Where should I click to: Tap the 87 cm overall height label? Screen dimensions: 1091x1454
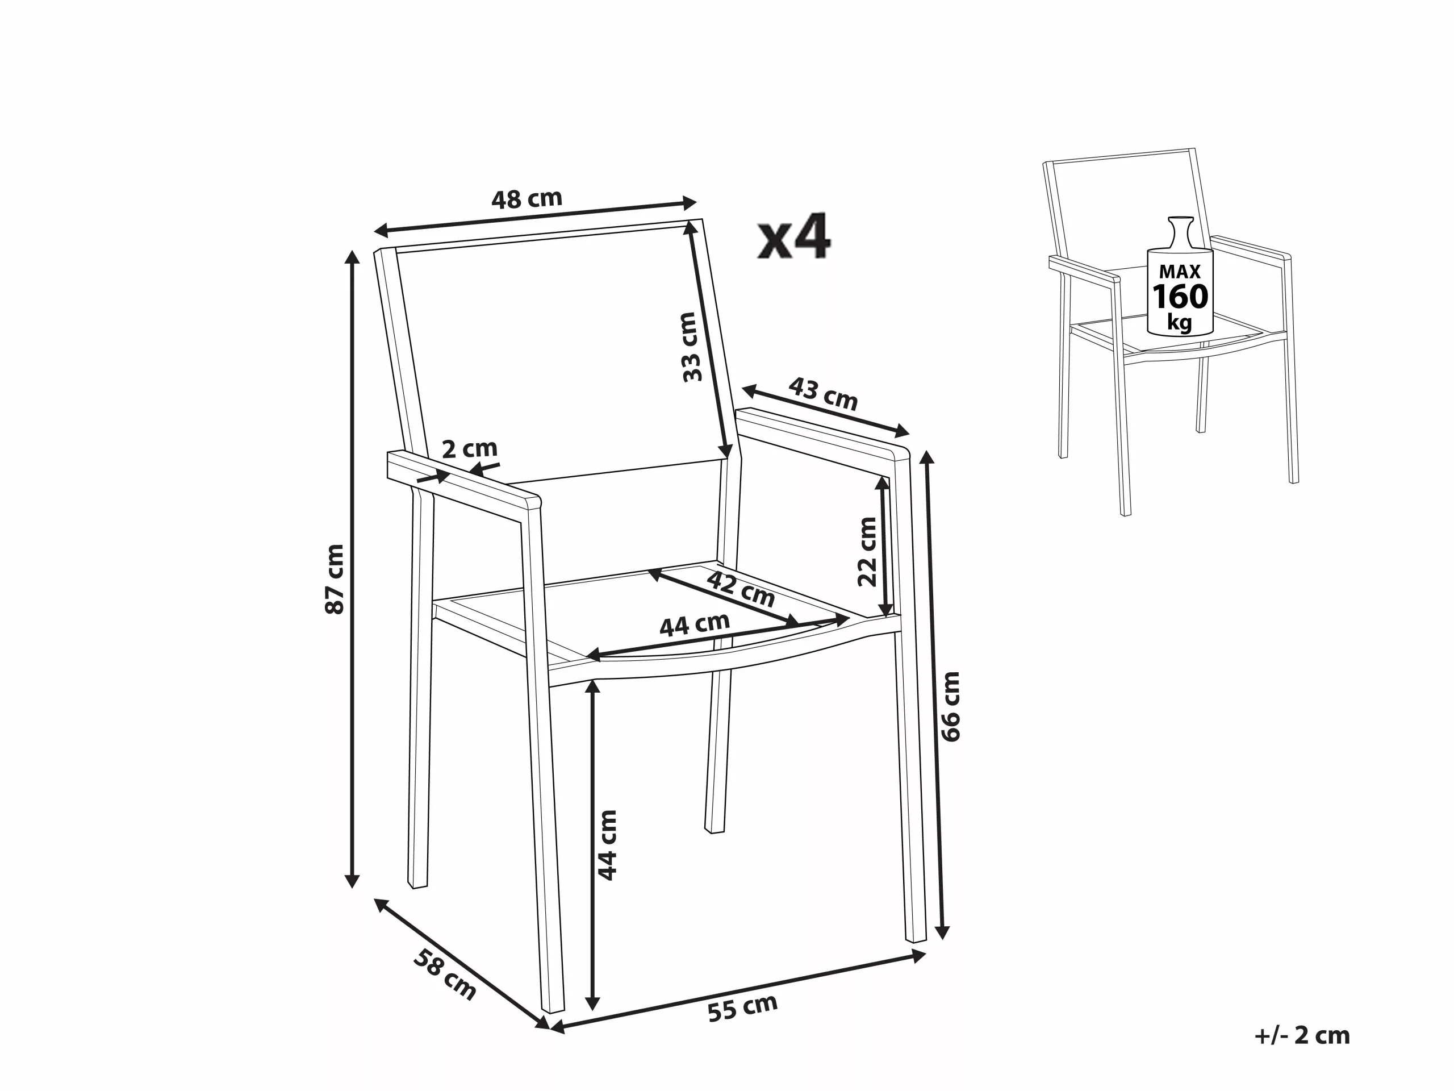335,578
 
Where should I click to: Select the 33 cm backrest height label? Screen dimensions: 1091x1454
690,347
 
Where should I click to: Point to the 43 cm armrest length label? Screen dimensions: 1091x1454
823,393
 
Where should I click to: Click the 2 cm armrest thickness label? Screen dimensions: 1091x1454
469,449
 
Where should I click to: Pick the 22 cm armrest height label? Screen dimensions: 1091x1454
868,551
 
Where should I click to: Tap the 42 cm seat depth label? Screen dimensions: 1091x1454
741,589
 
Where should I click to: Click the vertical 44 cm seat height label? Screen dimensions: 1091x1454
607,845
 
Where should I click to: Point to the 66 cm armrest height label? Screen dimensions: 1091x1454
951,706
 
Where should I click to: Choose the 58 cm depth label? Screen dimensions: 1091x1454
444,974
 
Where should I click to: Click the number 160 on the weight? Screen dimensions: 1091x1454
1180,297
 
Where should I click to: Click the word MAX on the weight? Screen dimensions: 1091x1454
1179,271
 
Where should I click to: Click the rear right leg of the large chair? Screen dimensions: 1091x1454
718,756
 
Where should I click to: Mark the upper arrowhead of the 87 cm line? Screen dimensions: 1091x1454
353,258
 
